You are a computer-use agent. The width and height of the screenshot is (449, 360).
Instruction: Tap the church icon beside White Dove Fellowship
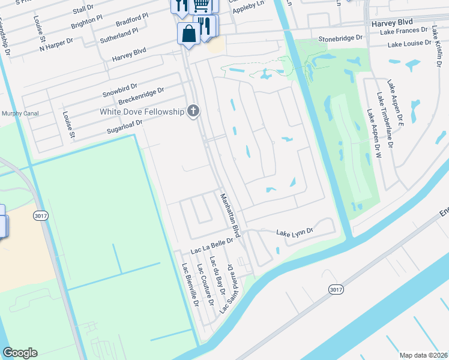[x=193, y=111]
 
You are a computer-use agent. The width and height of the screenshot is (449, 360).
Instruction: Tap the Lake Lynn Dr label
[x=294, y=232]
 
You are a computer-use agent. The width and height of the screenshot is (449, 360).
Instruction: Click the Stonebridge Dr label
[x=341, y=37]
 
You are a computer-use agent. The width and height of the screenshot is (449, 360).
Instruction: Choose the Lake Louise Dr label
[x=409, y=44]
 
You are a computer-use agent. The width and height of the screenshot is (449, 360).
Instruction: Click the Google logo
[x=20, y=353]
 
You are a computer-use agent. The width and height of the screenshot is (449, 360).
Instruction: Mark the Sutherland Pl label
[x=119, y=34]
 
